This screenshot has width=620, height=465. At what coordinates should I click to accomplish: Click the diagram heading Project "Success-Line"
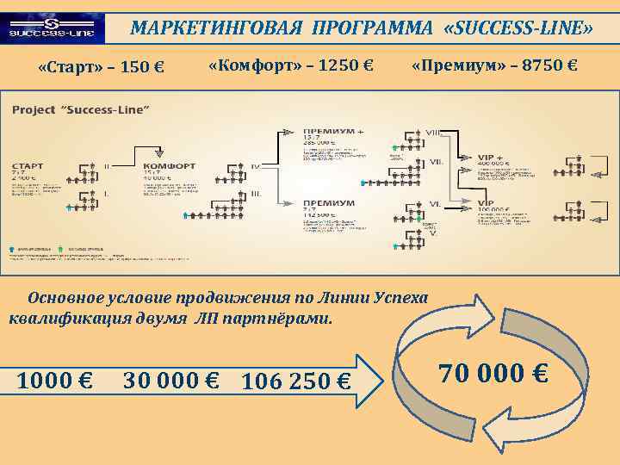tap(80, 109)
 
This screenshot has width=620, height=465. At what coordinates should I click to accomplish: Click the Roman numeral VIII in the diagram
tap(434, 133)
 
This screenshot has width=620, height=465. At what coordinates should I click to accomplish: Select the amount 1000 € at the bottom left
tap(56, 379)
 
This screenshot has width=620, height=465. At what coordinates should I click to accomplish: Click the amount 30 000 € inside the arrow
tap(170, 379)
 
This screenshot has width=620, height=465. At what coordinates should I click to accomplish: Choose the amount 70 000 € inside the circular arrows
tap(493, 374)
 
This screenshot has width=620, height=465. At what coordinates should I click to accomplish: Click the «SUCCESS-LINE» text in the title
tap(517, 28)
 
